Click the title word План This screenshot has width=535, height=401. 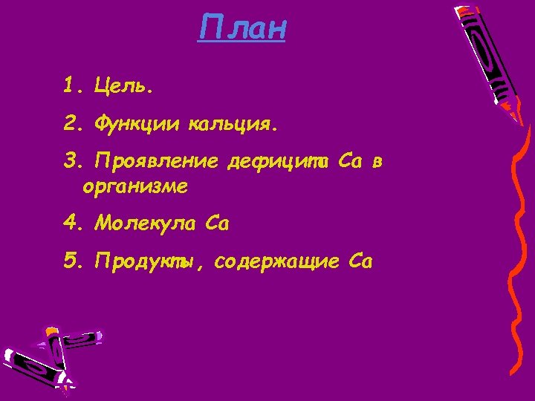242,29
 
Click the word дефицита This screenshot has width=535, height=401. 278,163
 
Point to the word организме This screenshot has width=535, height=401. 135,189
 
